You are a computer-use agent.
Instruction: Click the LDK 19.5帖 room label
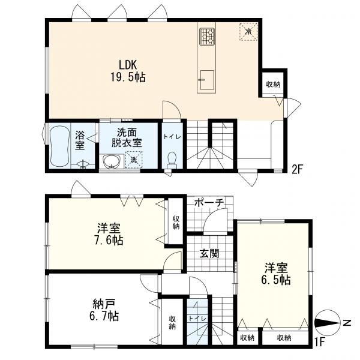(128, 71)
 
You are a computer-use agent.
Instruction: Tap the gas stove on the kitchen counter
(206, 36)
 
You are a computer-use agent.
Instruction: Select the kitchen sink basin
(207, 80)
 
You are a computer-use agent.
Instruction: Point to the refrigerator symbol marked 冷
(248, 31)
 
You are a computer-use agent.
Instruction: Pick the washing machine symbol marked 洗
(134, 160)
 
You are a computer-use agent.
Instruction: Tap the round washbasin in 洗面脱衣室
(112, 161)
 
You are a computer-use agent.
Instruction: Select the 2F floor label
(298, 170)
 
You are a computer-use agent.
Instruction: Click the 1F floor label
(319, 343)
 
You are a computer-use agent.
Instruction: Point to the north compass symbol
(328, 322)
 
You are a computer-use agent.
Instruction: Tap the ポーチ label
(209, 202)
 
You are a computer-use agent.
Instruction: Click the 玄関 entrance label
(209, 253)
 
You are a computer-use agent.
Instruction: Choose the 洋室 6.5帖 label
(276, 274)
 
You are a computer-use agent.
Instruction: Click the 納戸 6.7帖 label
(104, 310)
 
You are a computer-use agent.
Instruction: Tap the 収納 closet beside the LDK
(273, 84)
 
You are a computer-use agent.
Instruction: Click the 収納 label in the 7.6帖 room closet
(176, 223)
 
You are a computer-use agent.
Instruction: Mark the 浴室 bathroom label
(79, 140)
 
